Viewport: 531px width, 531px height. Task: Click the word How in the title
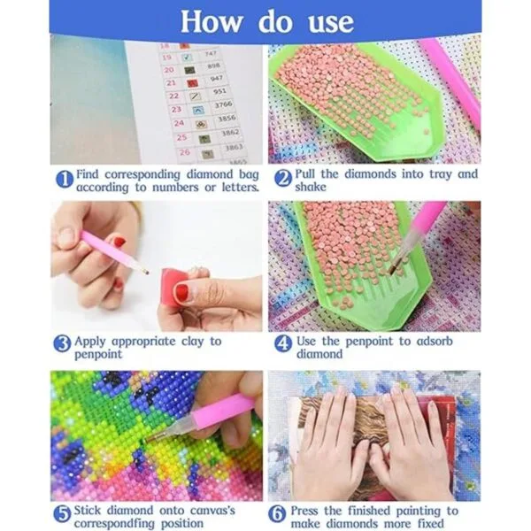212,21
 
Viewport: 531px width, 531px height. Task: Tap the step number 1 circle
65,179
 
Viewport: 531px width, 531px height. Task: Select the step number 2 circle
283,179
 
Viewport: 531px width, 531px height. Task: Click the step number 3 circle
62,344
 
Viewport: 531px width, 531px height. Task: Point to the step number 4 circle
283,344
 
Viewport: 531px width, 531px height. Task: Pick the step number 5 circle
62,514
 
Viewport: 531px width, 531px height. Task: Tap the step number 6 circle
277,514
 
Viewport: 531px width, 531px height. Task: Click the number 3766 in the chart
224,105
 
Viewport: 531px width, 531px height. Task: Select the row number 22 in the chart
173,96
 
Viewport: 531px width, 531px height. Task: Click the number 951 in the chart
219,91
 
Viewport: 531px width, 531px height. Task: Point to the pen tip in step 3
147,272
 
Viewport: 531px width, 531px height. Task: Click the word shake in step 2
311,187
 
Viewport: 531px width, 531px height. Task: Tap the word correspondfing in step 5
114,524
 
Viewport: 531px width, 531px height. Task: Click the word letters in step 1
240,187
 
